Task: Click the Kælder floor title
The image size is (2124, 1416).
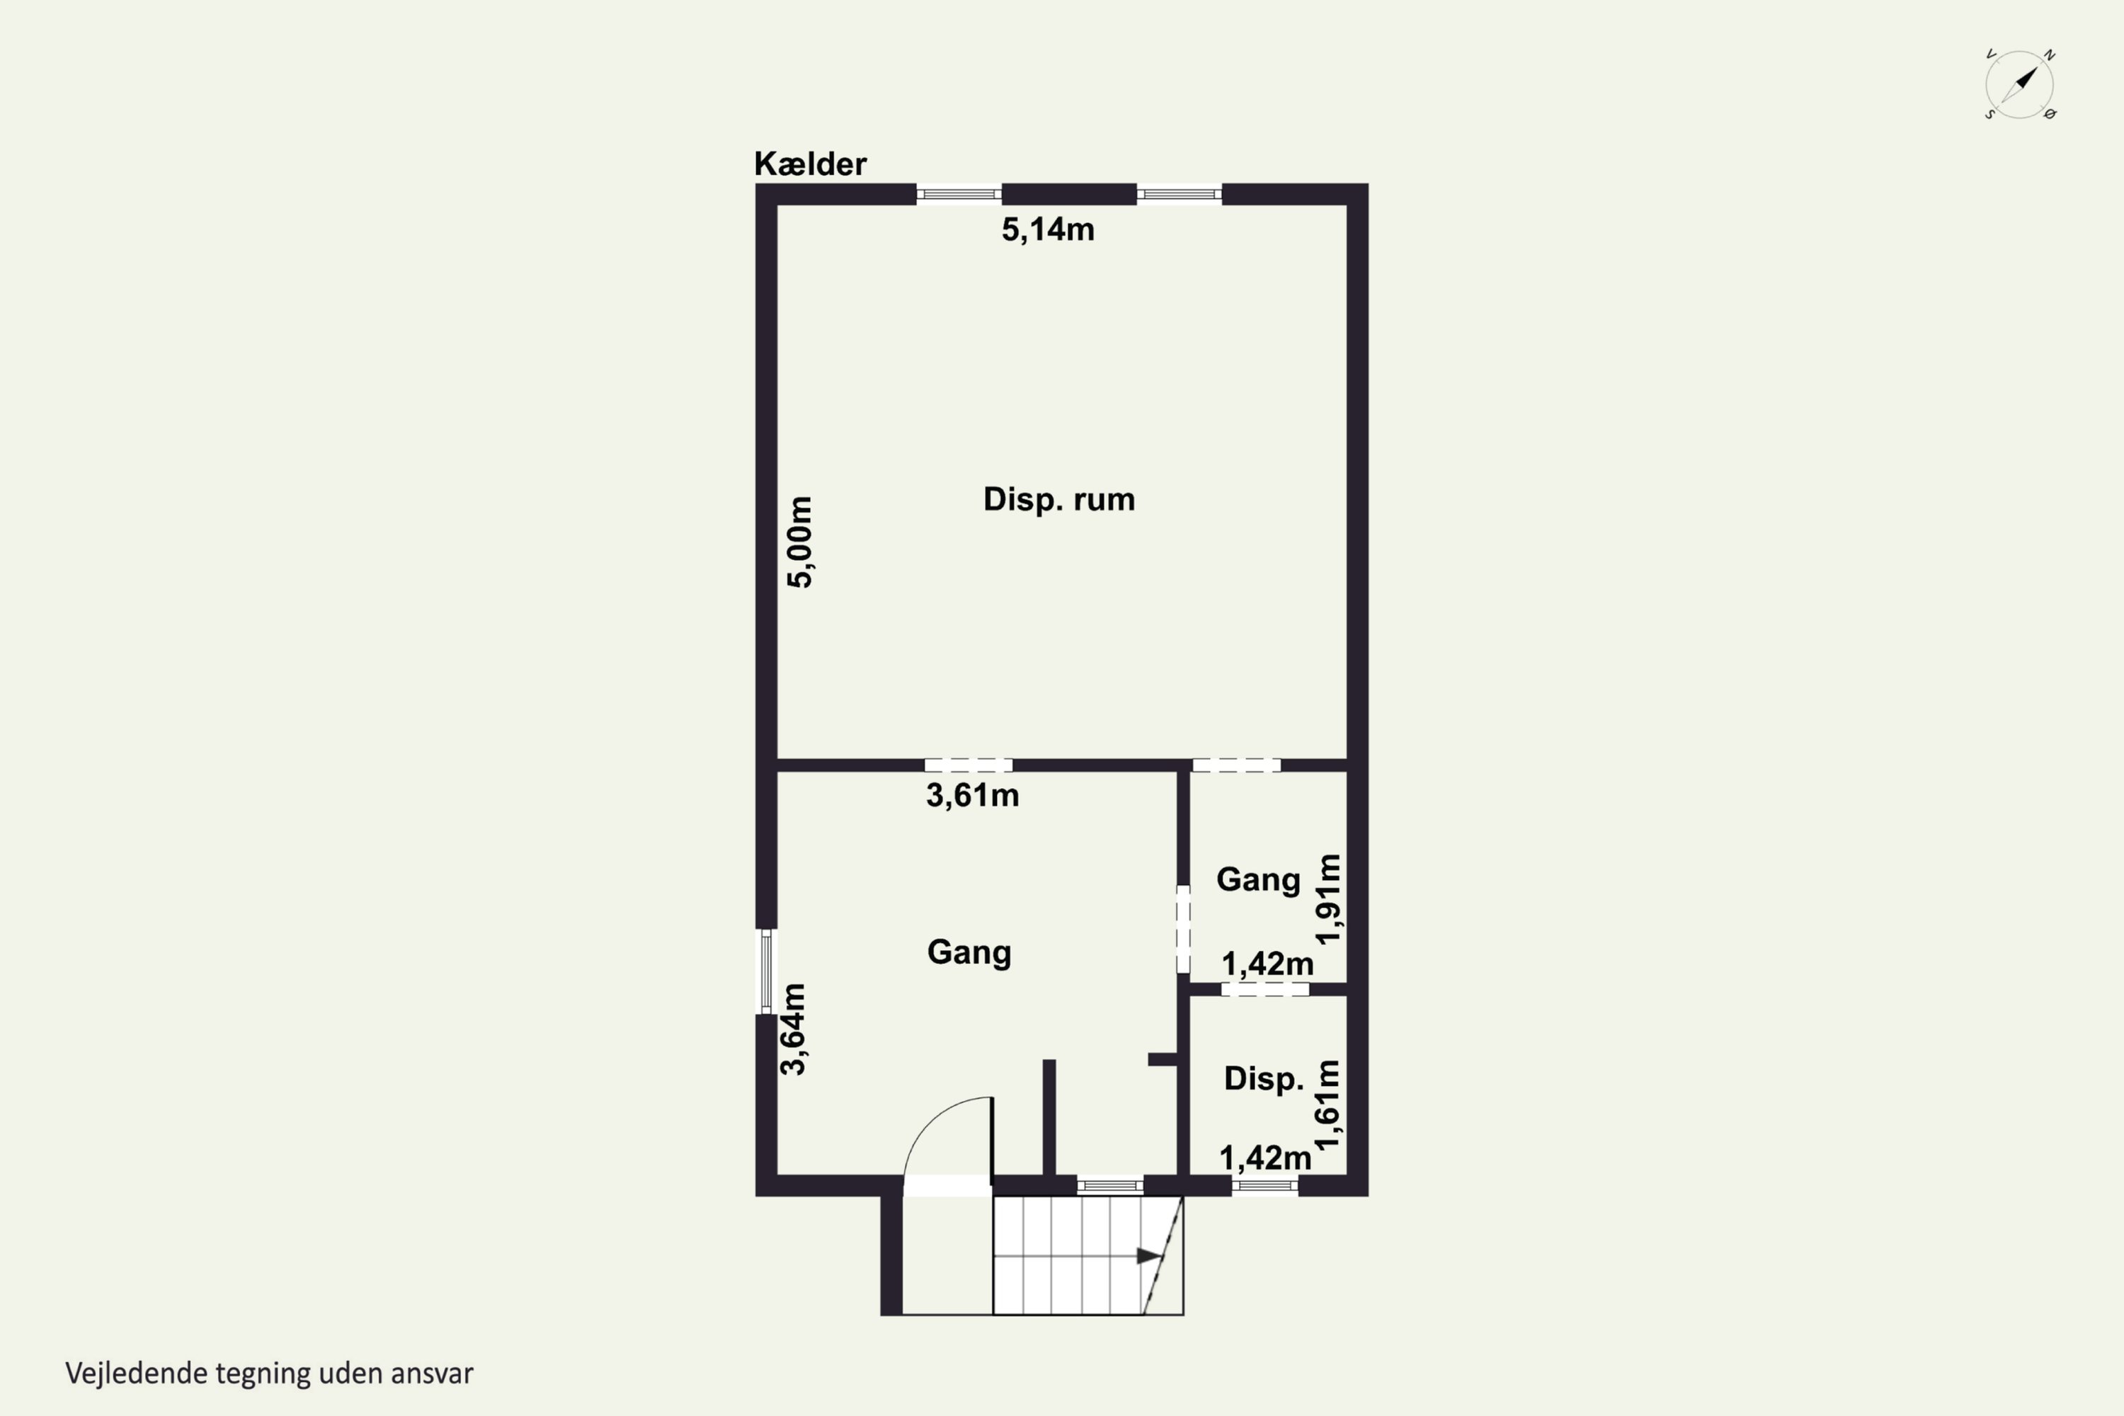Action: point(810,164)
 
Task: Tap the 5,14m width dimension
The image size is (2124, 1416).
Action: point(1048,229)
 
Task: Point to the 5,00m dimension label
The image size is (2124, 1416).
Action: point(800,542)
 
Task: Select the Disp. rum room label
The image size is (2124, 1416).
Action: point(1058,499)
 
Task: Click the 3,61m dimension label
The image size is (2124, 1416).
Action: point(973,796)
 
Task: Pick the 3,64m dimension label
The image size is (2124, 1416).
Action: point(793,1029)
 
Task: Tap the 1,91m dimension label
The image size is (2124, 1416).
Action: point(1328,899)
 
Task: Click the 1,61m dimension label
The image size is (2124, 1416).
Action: point(1327,1104)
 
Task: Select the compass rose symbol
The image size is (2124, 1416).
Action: point(2019,85)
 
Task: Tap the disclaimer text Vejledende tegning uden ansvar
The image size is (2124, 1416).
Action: point(269,1374)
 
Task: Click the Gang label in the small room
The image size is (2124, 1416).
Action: point(1258,879)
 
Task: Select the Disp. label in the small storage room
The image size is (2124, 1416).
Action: point(1263,1078)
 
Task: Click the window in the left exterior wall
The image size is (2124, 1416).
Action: point(766,971)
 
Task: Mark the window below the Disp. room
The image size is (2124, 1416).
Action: point(1265,1186)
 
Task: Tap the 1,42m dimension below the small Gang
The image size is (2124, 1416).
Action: point(1267,964)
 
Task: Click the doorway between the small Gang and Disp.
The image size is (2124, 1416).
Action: point(1265,990)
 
